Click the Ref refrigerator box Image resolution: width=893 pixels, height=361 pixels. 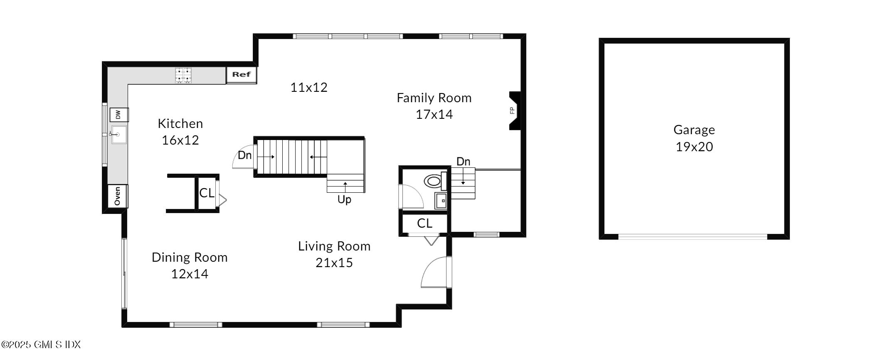pyautogui.click(x=241, y=75)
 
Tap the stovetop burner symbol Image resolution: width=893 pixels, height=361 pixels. pyautogui.click(x=183, y=75)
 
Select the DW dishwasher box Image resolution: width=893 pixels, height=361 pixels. pyautogui.click(x=118, y=115)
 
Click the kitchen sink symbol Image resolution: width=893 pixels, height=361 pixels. pyautogui.click(x=118, y=135)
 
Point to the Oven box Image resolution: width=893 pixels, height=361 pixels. pyautogui.click(x=118, y=196)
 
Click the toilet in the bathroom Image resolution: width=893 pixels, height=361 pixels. pyautogui.click(x=434, y=181)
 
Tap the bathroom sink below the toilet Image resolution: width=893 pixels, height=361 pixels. pyautogui.click(x=441, y=201)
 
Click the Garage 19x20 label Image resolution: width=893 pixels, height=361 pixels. pyautogui.click(x=694, y=138)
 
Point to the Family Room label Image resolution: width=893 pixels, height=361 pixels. pyautogui.click(x=434, y=98)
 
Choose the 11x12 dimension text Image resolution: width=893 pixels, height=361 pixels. pyautogui.click(x=308, y=87)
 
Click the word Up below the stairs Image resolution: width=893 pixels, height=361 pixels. pyautogui.click(x=344, y=200)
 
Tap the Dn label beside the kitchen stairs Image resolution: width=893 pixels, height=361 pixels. pyautogui.click(x=244, y=155)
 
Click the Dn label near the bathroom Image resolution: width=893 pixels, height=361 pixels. pyautogui.click(x=463, y=162)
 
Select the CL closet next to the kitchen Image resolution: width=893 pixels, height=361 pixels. pyautogui.click(x=207, y=193)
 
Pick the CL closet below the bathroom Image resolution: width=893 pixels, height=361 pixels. pyautogui.click(x=424, y=223)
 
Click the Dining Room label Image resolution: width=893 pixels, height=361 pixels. pyautogui.click(x=190, y=258)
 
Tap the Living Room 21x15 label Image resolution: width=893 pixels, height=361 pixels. pyautogui.click(x=334, y=254)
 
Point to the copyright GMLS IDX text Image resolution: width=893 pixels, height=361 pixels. pyautogui.click(x=41, y=344)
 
